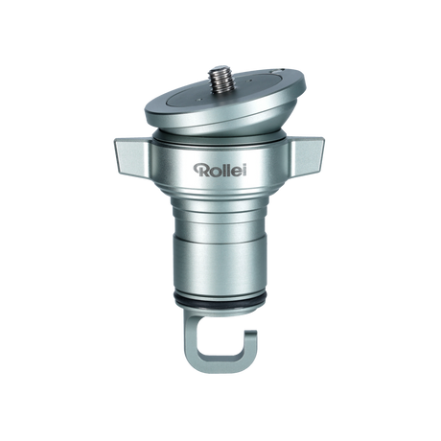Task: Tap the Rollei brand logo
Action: click(220, 171)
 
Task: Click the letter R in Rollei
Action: click(199, 171)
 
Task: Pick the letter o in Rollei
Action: click(212, 173)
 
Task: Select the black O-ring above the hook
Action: click(220, 306)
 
